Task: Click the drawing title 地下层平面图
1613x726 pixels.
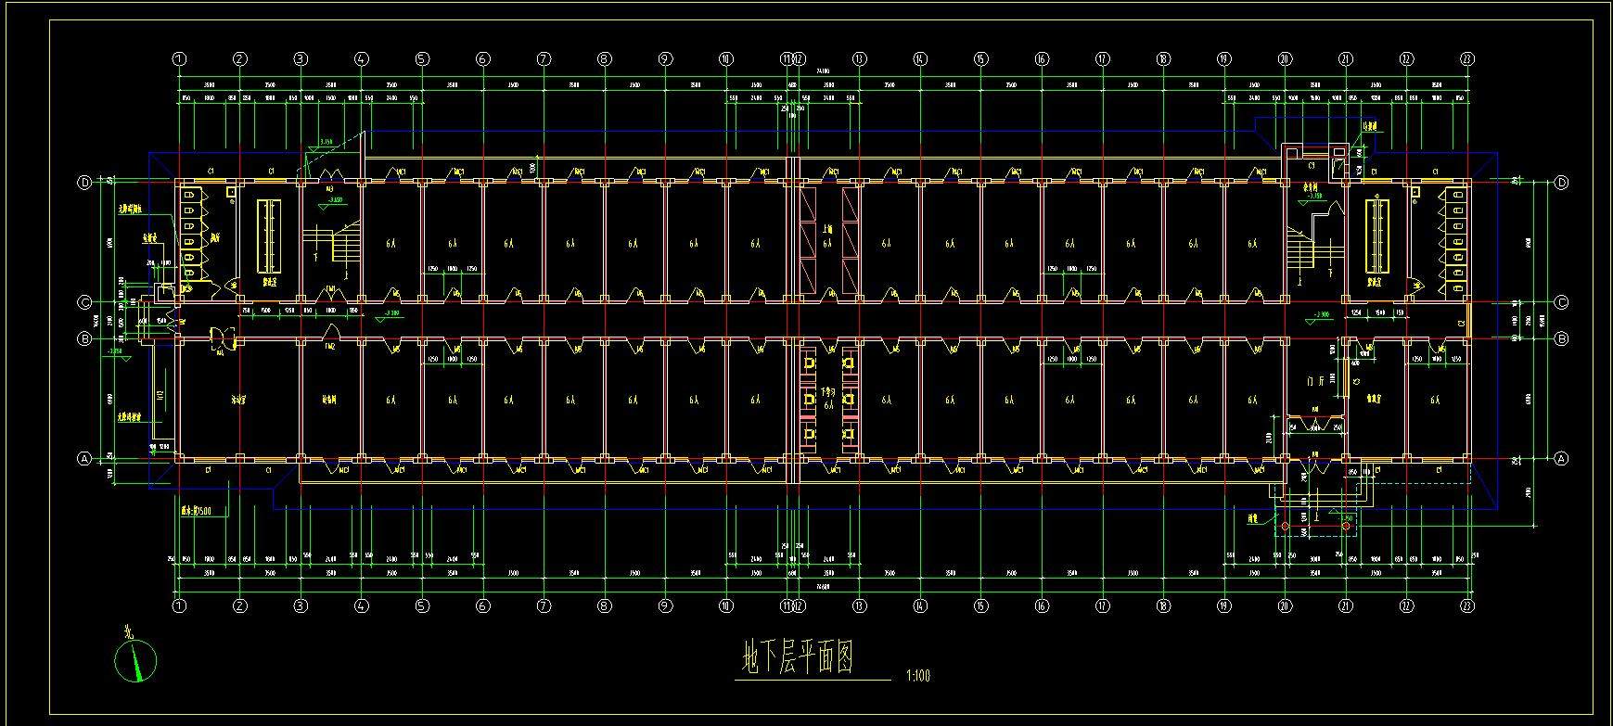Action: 798,659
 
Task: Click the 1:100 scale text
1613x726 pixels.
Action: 916,676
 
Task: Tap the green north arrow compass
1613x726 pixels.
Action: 135,660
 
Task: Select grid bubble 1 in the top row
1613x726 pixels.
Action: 179,59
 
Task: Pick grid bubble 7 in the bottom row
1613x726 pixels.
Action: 544,606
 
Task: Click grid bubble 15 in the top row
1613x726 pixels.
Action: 980,59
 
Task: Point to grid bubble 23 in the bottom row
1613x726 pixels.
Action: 1466,606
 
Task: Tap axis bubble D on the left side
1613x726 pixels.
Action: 84,183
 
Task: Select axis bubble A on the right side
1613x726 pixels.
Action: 1561,458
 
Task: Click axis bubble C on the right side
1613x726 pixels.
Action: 1561,302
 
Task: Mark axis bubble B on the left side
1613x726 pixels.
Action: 84,338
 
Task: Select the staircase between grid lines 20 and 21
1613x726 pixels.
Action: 1314,243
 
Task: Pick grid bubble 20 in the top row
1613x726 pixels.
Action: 1285,59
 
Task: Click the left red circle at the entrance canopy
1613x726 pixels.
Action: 1286,528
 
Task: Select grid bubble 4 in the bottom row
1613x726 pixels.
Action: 362,606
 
